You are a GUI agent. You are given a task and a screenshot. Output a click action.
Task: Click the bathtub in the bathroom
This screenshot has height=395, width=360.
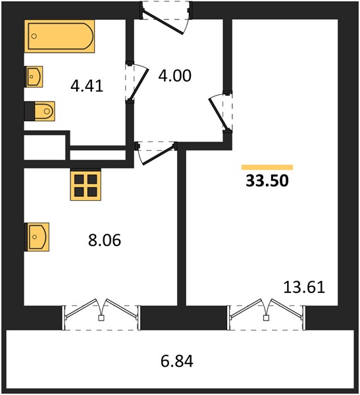click(x=59, y=36)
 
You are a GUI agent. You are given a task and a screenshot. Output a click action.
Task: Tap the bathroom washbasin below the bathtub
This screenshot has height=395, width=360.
click(x=34, y=76)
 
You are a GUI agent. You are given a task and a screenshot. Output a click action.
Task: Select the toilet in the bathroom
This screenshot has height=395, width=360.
click(x=39, y=111)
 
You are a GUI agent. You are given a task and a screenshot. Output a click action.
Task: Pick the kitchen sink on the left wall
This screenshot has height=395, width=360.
click(x=37, y=237)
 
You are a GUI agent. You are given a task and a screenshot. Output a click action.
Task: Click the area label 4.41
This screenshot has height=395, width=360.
click(x=87, y=86)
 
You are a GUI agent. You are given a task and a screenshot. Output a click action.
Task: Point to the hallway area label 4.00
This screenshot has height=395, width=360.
click(x=175, y=76)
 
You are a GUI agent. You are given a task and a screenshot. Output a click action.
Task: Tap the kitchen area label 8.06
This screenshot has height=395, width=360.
click(x=105, y=240)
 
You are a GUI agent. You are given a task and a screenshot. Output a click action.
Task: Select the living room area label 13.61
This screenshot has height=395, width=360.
click(x=304, y=287)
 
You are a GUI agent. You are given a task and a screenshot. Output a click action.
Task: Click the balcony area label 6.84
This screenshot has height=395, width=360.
click(x=177, y=361)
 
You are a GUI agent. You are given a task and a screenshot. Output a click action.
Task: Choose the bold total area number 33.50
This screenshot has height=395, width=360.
click(x=267, y=180)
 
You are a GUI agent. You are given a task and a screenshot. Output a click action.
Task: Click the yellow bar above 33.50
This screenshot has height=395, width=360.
click(x=267, y=167)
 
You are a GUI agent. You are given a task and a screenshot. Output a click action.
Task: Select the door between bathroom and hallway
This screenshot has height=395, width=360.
click(x=136, y=82)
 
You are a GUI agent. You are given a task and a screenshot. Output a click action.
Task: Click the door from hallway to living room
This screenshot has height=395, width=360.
click(x=220, y=112)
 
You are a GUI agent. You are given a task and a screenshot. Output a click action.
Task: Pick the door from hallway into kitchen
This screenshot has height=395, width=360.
click(x=156, y=153)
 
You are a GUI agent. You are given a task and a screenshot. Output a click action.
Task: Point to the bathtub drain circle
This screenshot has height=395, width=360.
click(x=34, y=36)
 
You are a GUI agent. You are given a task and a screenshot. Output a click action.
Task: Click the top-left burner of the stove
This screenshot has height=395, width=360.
click(x=79, y=179)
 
